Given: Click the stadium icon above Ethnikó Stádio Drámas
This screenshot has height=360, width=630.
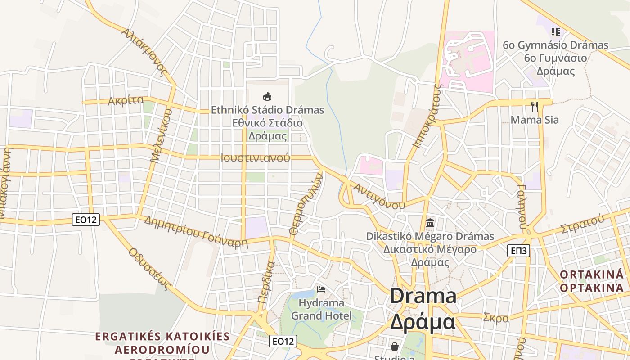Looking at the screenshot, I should coord(267,96).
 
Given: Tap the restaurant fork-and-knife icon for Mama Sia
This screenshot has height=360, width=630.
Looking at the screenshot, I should coord(535,107).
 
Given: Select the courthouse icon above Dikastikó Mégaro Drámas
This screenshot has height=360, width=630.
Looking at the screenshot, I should coord(430,223).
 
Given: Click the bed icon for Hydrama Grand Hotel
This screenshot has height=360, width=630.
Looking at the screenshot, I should coord(321,289).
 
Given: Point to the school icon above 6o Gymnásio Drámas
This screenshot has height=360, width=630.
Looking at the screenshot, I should coord(556,31).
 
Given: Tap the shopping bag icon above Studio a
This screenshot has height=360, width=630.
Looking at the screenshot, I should coord(395,346).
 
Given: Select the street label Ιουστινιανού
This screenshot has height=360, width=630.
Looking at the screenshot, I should coord(255,158).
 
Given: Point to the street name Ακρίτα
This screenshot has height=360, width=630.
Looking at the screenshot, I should coord(126,100).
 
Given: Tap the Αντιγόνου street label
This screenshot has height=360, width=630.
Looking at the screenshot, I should coord(379,196).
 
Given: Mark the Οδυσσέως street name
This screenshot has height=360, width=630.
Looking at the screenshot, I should coord(151,269).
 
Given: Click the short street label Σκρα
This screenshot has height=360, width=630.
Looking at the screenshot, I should coord(496,318).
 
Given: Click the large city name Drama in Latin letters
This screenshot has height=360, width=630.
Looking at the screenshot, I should coord(423,296).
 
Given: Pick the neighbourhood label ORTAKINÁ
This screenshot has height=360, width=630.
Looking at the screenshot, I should coord(592,274).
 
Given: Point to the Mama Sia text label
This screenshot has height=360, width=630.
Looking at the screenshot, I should coord(535,120).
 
